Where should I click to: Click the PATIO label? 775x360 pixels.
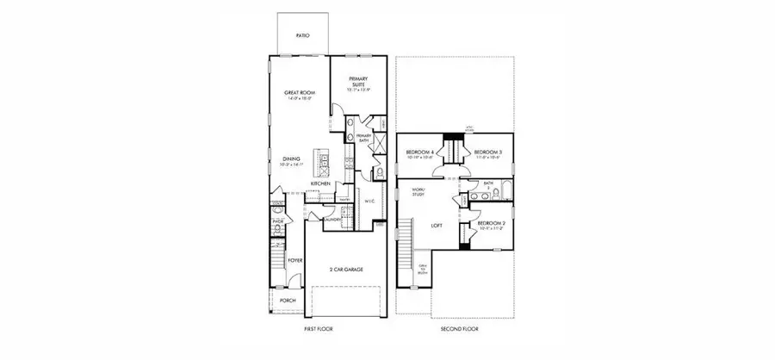(x=302, y=36)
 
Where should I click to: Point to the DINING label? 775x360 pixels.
(x=292, y=159)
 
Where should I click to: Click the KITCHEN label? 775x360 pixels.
(x=322, y=183)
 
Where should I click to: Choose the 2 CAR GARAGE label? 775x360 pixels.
(x=345, y=270)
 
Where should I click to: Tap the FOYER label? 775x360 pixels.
(x=294, y=256)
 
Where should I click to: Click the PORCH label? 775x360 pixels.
(x=288, y=301)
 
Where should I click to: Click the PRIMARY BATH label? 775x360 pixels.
(x=363, y=137)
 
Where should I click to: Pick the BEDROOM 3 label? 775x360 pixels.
(x=488, y=154)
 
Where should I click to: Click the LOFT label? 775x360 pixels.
(x=436, y=226)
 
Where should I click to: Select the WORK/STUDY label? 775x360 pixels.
(x=418, y=192)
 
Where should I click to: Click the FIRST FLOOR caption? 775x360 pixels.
(x=319, y=329)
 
